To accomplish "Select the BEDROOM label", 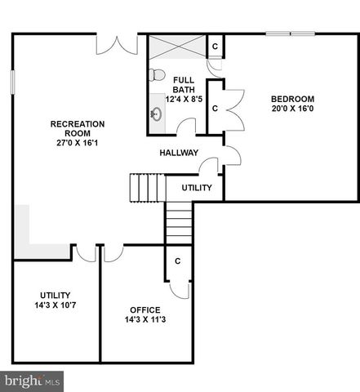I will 292,100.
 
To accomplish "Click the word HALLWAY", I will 179,153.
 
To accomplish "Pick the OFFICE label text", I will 144,310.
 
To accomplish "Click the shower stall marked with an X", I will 176,46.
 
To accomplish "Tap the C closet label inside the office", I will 177,261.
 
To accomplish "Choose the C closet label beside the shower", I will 215,46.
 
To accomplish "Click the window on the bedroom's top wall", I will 291,34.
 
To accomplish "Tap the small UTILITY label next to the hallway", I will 197,188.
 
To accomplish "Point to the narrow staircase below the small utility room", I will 178,220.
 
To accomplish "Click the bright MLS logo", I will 33,381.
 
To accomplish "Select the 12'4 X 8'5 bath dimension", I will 183,99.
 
